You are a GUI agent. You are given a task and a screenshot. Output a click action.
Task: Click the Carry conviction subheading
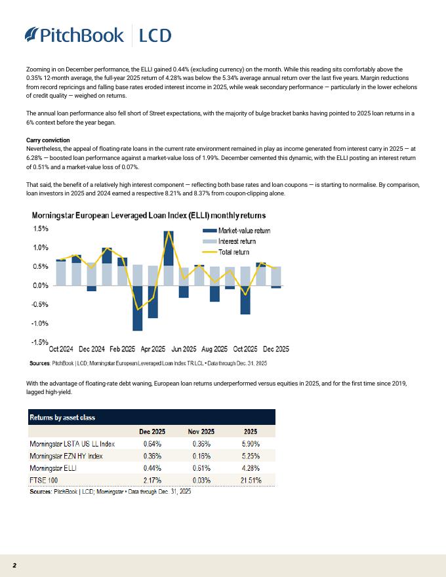(47, 140)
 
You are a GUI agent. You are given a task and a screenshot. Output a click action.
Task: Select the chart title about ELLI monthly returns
(148, 216)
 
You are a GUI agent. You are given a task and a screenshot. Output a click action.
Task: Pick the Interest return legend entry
(232, 241)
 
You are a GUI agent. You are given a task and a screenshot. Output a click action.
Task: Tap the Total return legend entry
(229, 252)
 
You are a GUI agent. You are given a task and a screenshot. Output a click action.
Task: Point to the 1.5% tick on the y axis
(41, 229)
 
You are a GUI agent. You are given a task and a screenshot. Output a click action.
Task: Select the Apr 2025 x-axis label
(153, 349)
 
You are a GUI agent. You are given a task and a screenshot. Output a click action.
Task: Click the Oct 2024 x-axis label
(61, 349)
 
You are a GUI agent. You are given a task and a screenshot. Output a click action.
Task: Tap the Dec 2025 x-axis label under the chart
(275, 349)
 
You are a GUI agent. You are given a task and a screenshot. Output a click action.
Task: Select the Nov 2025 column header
(201, 431)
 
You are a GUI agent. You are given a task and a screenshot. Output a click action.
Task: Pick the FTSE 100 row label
(45, 480)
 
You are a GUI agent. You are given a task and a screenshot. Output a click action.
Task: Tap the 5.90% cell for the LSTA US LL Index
(251, 444)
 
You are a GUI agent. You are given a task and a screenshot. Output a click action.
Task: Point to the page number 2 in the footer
(14, 565)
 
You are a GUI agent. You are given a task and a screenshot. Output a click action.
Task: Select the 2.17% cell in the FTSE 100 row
(152, 480)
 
